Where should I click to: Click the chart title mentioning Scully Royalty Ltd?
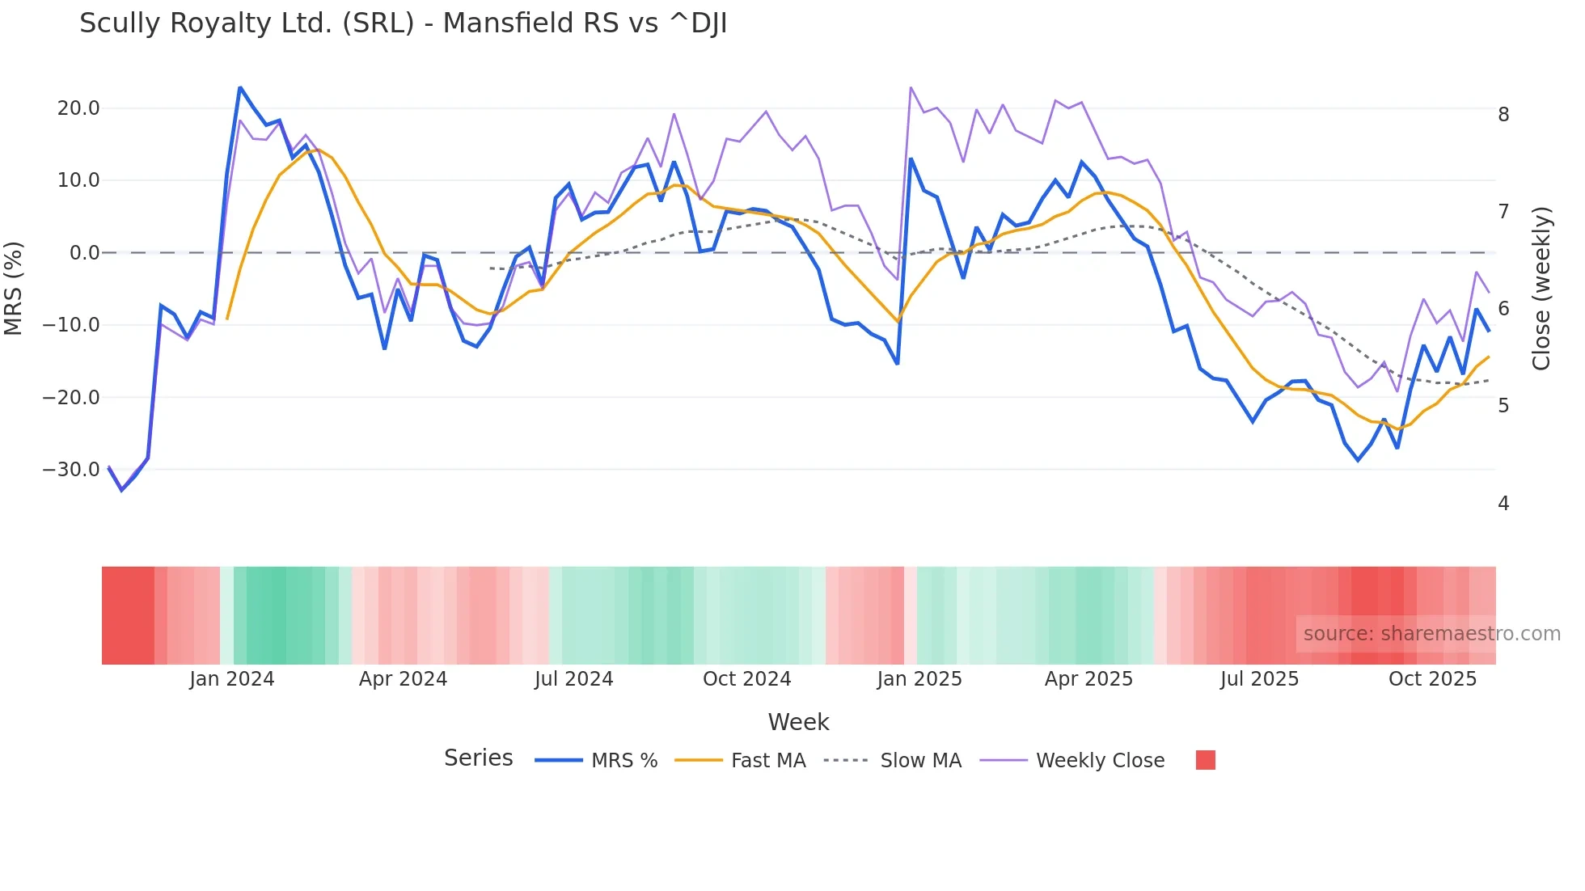[403, 23]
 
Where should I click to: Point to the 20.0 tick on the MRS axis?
[78, 108]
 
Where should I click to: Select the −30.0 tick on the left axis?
[71, 470]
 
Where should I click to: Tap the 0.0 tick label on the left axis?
[84, 253]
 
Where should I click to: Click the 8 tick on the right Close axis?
[1503, 115]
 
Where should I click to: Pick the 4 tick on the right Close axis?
[1503, 504]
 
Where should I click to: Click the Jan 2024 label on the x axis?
[232, 679]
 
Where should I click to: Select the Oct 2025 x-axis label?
[1432, 679]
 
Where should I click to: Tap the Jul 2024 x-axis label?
[573, 679]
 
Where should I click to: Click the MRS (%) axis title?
[14, 288]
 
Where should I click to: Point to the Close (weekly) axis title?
[1541, 288]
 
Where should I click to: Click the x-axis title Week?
[798, 722]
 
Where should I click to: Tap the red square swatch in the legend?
[1205, 760]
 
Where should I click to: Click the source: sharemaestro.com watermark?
[1431, 634]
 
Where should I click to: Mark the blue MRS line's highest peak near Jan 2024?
[240, 87]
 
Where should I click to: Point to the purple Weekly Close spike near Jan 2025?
[911, 87]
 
